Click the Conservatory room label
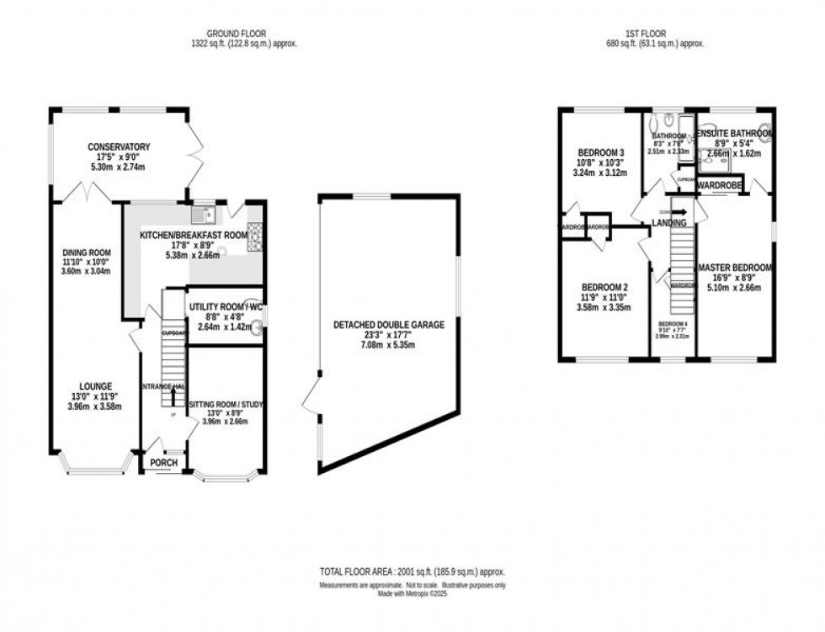[x=119, y=147]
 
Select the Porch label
[x=162, y=462]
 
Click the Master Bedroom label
[x=734, y=268]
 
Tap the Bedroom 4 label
[x=672, y=324]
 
